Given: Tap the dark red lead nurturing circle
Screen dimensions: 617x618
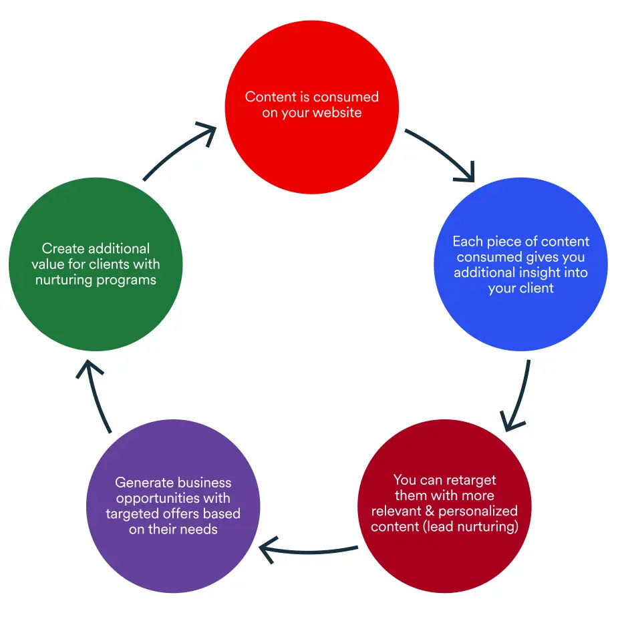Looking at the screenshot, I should click(x=444, y=548).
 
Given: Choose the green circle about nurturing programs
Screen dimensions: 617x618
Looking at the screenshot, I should click(x=96, y=307).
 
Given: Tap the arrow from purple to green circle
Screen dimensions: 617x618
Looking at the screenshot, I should click(x=97, y=394).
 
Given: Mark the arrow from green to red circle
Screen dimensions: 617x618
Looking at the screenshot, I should click(x=180, y=150).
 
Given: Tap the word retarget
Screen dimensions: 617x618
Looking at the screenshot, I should click(x=468, y=479).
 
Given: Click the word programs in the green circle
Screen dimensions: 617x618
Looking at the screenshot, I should click(x=126, y=279).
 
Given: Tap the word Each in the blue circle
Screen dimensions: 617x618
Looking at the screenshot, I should click(x=466, y=241).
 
